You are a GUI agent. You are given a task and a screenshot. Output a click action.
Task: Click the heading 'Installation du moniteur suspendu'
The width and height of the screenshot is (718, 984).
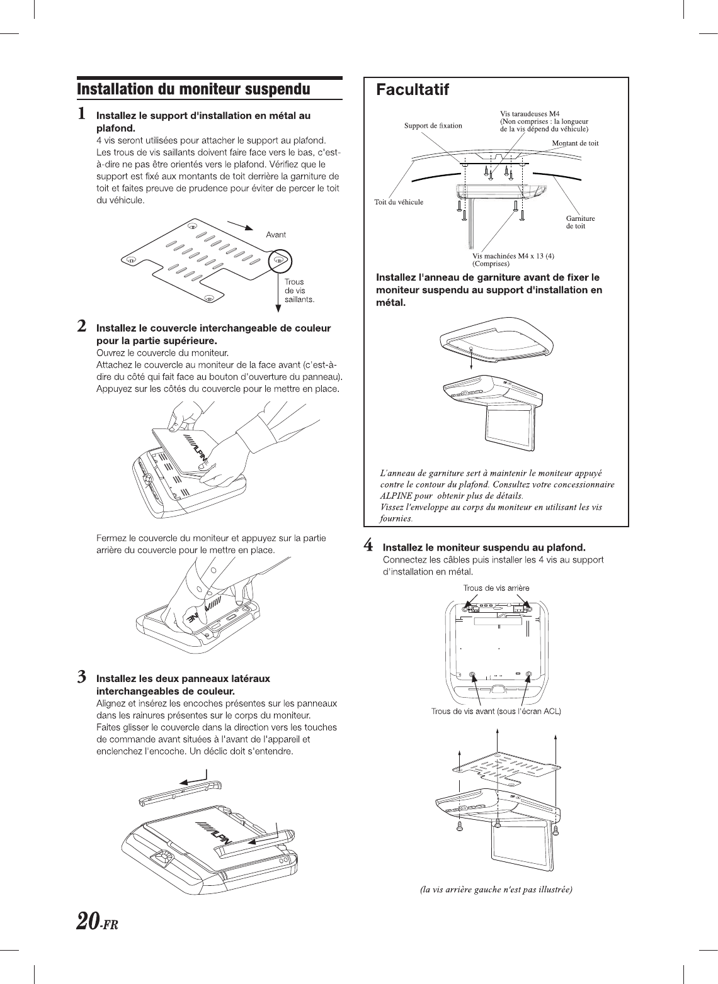point(193,89)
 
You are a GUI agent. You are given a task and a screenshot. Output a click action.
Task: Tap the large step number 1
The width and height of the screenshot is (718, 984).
point(82,115)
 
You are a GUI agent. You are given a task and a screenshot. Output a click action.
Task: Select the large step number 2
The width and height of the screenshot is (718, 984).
point(82,327)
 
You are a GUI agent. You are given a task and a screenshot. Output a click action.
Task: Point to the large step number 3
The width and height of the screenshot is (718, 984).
point(82,678)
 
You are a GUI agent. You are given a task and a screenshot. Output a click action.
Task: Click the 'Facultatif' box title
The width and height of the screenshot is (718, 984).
point(413,91)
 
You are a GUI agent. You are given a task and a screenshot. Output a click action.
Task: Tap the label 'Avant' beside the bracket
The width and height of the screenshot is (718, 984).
point(276,235)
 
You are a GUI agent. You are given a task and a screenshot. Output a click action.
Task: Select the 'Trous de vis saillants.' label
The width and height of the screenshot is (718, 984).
point(299,291)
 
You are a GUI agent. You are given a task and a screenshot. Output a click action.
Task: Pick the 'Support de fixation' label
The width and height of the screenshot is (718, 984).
point(433,125)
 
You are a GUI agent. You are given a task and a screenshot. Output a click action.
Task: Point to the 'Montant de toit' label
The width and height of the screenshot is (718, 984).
point(575,143)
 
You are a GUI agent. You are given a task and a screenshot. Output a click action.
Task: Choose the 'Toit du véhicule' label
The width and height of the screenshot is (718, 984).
point(399,202)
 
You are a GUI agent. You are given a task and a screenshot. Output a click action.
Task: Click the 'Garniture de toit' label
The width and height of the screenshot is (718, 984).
point(580,222)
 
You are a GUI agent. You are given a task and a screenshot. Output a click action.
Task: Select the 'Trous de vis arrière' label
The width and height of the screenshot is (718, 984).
point(496,588)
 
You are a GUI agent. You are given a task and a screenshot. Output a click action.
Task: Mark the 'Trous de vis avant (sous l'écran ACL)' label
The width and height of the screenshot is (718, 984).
point(496,712)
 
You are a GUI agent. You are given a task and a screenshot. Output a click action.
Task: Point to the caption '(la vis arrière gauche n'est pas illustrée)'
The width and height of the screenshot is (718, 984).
point(496,890)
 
